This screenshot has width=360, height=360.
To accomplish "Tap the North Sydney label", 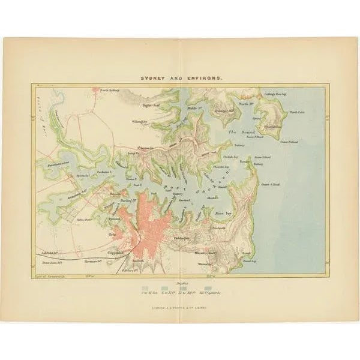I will pos(110,90).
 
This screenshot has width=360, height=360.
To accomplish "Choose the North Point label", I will pos(297,112).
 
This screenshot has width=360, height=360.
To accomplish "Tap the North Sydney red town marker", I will pos(95,91).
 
